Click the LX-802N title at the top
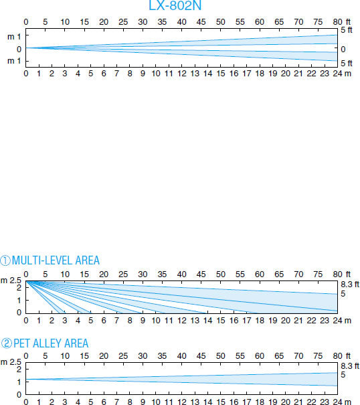coord(175,5)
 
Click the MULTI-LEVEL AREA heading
coord(56,260)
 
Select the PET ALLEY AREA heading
coord(51,343)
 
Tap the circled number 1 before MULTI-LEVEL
coord(5,260)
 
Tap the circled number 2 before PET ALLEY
coord(7,343)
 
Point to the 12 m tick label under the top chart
coord(182,74)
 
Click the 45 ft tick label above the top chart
coord(201,22)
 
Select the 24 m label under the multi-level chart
coord(342,321)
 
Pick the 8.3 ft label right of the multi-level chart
coord(350,285)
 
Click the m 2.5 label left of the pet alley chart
coord(11,362)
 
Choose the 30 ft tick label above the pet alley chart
coord(143,356)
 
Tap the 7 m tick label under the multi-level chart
coord(116,321)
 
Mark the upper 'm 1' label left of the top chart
coord(14,37)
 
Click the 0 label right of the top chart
coord(343,49)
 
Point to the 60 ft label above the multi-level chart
coord(259,274)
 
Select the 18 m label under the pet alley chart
coord(260,402)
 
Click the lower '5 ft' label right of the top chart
coord(347,64)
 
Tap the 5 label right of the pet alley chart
coord(343,374)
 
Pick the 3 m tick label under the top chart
coord(65,74)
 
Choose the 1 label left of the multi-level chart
coord(19,301)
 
